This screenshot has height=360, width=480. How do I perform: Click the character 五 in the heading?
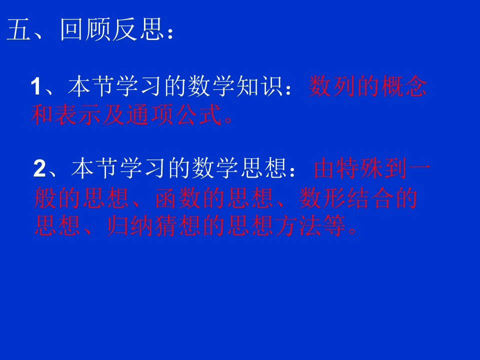(19, 31)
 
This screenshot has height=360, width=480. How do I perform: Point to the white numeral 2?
(39, 169)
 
